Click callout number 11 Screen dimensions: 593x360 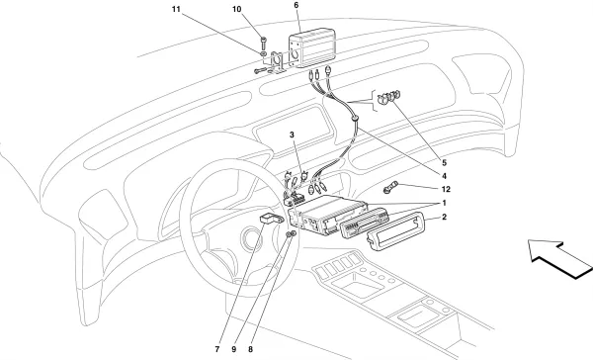pyautogui.click(x=176, y=9)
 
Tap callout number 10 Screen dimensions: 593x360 pyautogui.click(x=237, y=9)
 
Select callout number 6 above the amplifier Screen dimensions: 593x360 pyautogui.click(x=296, y=5)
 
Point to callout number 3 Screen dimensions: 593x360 pyautogui.click(x=292, y=135)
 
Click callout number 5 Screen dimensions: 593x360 pyautogui.click(x=444, y=163)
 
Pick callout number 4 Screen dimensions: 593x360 pyautogui.click(x=444, y=176)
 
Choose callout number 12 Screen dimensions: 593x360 pyautogui.click(x=446, y=189)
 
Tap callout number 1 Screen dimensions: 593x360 pyautogui.click(x=444, y=204)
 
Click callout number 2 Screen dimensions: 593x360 pyautogui.click(x=444, y=218)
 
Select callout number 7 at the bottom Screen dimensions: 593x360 pyautogui.click(x=217, y=349)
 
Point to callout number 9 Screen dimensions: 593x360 pyautogui.click(x=233, y=349)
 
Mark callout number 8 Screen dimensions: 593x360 pyautogui.click(x=250, y=349)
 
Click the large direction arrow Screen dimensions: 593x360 pyautogui.click(x=559, y=258)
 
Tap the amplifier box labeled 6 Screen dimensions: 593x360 pyautogui.click(x=312, y=48)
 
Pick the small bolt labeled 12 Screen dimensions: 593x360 pyautogui.click(x=390, y=188)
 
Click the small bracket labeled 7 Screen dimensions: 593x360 pyautogui.click(x=271, y=219)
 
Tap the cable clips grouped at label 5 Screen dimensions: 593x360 pyautogui.click(x=388, y=97)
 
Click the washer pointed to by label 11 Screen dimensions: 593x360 pyautogui.click(x=263, y=54)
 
